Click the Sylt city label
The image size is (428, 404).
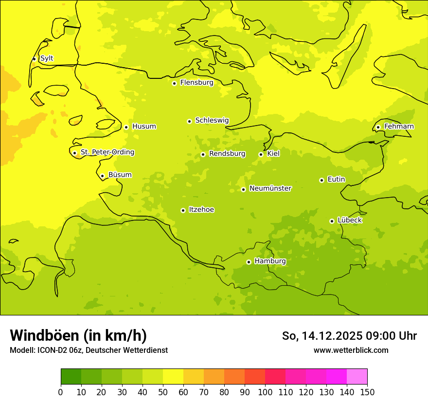tap(47, 58)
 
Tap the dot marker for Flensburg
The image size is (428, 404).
tap(174, 83)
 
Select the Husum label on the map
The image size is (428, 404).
tap(144, 127)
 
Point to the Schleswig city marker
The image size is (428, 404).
tap(189, 121)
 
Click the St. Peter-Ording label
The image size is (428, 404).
tap(107, 152)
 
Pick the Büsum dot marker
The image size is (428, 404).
tap(102, 176)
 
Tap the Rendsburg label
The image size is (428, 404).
tap(227, 154)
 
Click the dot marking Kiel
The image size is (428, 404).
tap(261, 154)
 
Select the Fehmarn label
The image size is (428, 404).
tap(399, 127)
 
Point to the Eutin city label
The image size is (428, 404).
tap(336, 180)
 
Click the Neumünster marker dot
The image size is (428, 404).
tap(243, 189)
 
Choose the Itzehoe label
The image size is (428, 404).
tap(201, 210)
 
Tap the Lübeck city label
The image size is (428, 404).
tap(350, 220)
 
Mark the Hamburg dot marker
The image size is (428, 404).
tap(249, 262)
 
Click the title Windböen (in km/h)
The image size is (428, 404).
tap(78, 335)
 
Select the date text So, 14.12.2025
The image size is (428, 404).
tap(321, 336)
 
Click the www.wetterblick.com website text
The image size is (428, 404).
tap(351, 350)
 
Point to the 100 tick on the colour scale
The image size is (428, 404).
tap(265, 392)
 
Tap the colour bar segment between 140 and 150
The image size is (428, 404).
tap(357, 376)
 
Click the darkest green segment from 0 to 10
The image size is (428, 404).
tap(71, 376)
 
